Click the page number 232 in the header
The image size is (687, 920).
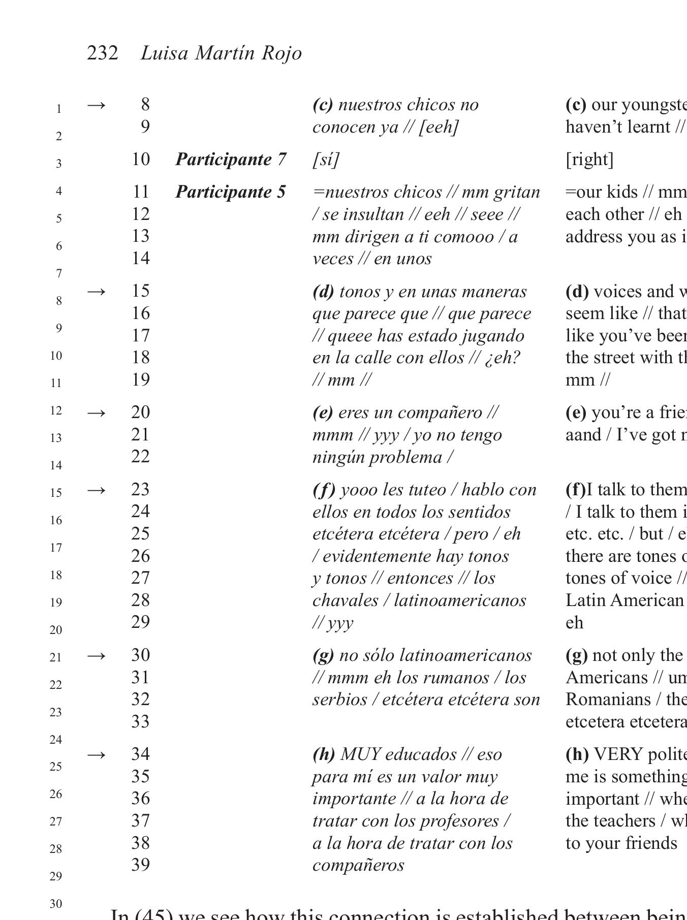[x=103, y=53]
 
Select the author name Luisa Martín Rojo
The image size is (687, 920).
[x=221, y=53]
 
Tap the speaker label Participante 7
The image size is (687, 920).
[x=231, y=160]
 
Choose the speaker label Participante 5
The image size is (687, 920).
[x=231, y=192]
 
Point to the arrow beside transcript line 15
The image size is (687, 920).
[x=97, y=292]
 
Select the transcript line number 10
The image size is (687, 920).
[x=141, y=160]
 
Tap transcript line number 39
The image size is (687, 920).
[x=141, y=865]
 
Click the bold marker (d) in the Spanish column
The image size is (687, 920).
[x=323, y=292]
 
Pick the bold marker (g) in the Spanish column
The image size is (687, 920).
[x=323, y=655]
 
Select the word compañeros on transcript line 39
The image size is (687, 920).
[x=358, y=865]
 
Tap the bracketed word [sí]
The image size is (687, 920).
[x=326, y=160]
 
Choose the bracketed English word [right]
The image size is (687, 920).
[x=589, y=160]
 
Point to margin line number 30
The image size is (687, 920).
[x=56, y=904]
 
